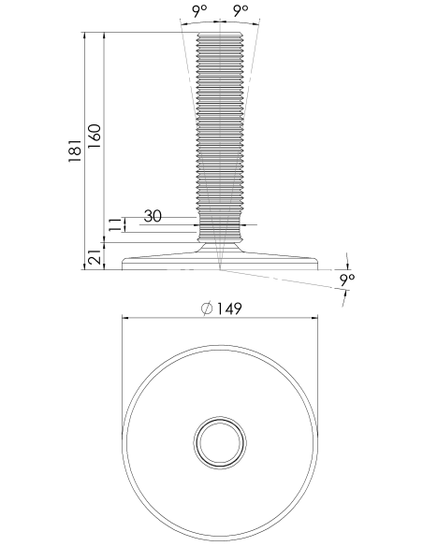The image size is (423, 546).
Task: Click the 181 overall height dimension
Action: [75, 151]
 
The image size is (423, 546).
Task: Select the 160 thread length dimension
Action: [95, 136]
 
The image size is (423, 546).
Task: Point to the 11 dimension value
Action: [115, 224]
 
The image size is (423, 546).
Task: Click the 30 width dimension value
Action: [153, 216]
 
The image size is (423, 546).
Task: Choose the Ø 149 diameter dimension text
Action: [222, 309]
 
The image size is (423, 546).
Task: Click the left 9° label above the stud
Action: [199, 11]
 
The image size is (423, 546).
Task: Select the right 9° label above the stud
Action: [241, 11]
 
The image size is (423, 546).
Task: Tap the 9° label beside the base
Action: [347, 280]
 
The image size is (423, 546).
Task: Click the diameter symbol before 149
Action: [207, 309]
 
